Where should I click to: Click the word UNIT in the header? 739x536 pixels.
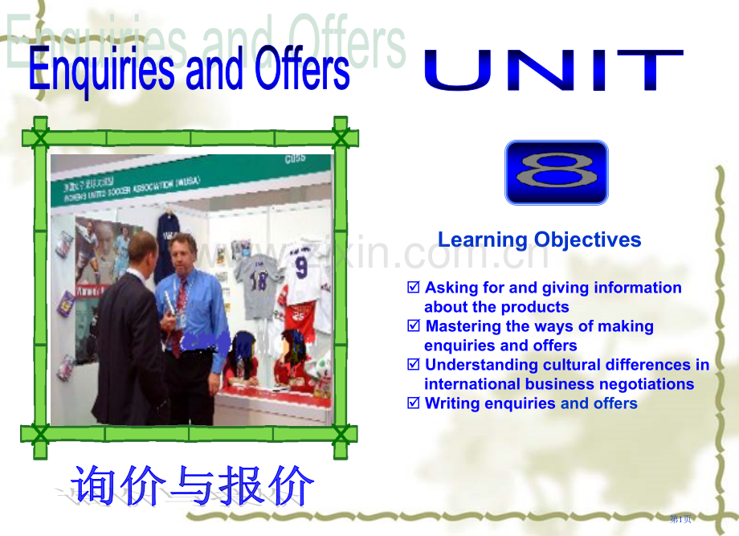pos(553,71)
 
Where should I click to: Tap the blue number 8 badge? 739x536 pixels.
pos(556,172)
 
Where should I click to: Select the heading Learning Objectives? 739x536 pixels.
pos(539,239)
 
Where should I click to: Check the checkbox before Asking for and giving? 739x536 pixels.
pos(414,287)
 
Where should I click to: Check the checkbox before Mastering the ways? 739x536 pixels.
pos(414,325)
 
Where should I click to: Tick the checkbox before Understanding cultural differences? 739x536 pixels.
pos(414,364)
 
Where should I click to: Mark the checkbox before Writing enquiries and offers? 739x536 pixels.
pos(414,403)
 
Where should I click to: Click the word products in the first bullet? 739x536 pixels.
pos(537,307)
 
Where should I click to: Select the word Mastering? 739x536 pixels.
pos(463,326)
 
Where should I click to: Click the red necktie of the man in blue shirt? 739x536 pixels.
pos(178,313)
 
